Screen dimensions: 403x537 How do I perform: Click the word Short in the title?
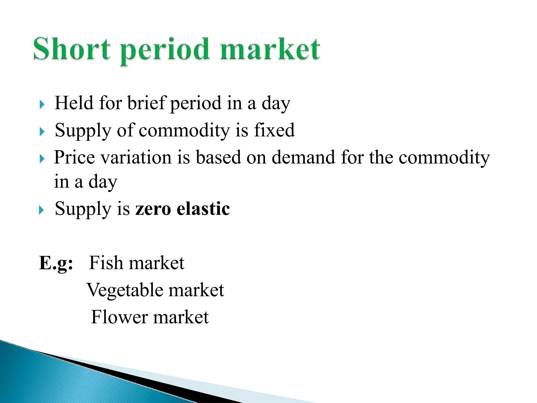pyautogui.click(x=72, y=49)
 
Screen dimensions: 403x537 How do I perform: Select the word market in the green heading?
pyautogui.click(x=270, y=49)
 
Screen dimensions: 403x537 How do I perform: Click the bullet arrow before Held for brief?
pyautogui.click(x=42, y=104)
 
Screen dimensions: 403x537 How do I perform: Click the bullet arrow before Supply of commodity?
pyautogui.click(x=42, y=131)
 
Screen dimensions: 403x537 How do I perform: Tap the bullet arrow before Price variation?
pyautogui.click(x=42, y=159)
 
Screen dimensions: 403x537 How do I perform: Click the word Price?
pyautogui.click(x=74, y=157)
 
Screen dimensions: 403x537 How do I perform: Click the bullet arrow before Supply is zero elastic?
pyautogui.click(x=42, y=210)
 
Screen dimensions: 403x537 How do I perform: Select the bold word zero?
pyautogui.click(x=153, y=209)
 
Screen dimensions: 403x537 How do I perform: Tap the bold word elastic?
pyautogui.click(x=203, y=209)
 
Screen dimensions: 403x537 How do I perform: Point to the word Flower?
pyautogui.click(x=119, y=317)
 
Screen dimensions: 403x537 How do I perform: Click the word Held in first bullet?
pyautogui.click(x=74, y=103)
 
